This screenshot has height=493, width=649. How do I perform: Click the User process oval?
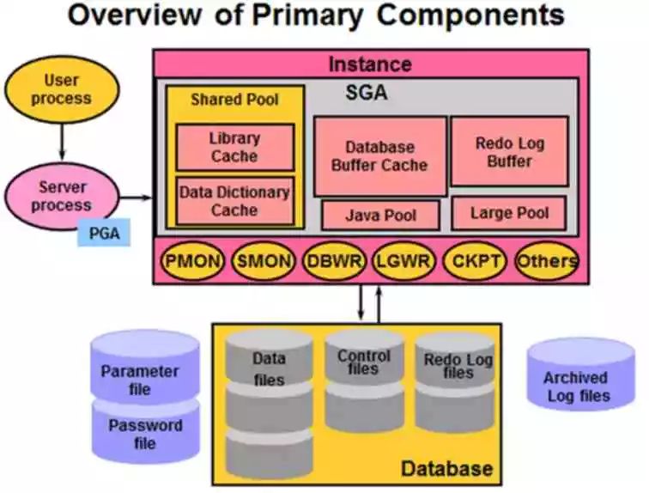coord(61,89)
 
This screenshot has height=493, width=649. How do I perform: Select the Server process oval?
coord(61,196)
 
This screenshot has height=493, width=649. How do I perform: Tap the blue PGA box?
coord(104,232)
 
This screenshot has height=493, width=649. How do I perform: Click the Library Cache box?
coord(234,147)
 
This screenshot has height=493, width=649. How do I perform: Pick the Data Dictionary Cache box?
coord(234,201)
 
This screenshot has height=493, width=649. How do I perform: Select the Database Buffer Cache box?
coord(379,156)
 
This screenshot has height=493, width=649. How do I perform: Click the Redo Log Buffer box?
coord(509,152)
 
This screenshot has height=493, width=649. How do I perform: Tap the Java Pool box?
coord(380,215)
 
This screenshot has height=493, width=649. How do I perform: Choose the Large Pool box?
coord(509,213)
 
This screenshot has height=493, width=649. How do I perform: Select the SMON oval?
coord(264,261)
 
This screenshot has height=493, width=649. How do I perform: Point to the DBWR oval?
coord(334,261)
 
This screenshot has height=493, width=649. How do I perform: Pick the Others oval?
coord(546,261)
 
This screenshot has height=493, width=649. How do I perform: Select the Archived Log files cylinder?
coord(580,375)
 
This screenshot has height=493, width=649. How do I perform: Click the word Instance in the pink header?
coord(370,64)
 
